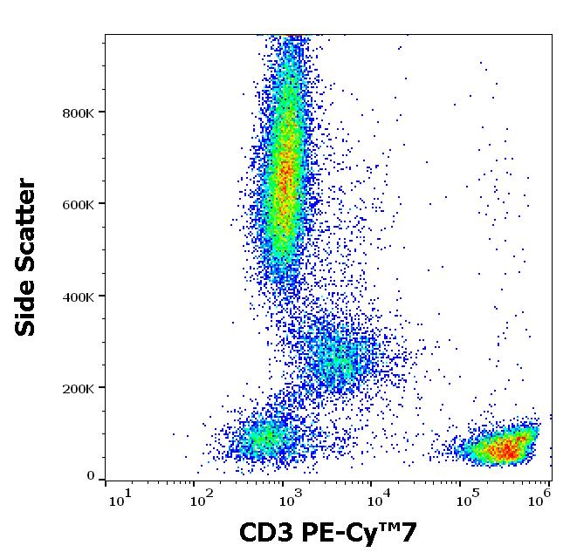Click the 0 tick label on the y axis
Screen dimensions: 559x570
(91, 476)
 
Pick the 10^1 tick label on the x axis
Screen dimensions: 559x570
(120, 498)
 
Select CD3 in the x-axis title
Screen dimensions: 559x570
(264, 533)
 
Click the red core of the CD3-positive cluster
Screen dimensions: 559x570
(505, 450)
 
